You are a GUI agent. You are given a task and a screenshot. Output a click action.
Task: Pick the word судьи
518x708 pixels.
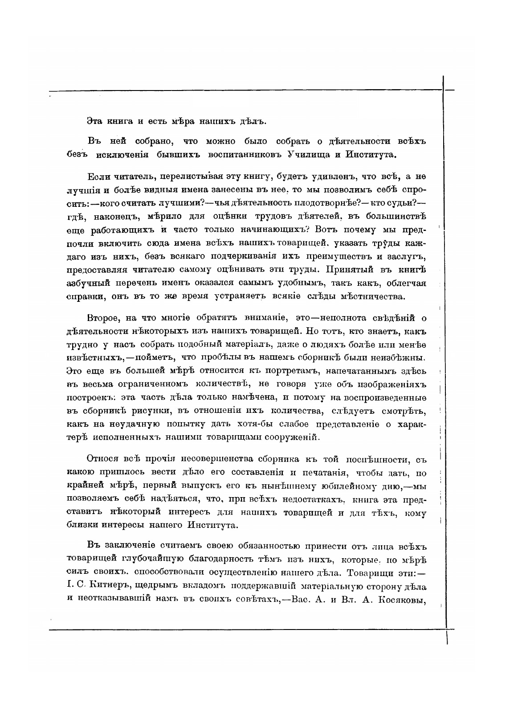(401, 203)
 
